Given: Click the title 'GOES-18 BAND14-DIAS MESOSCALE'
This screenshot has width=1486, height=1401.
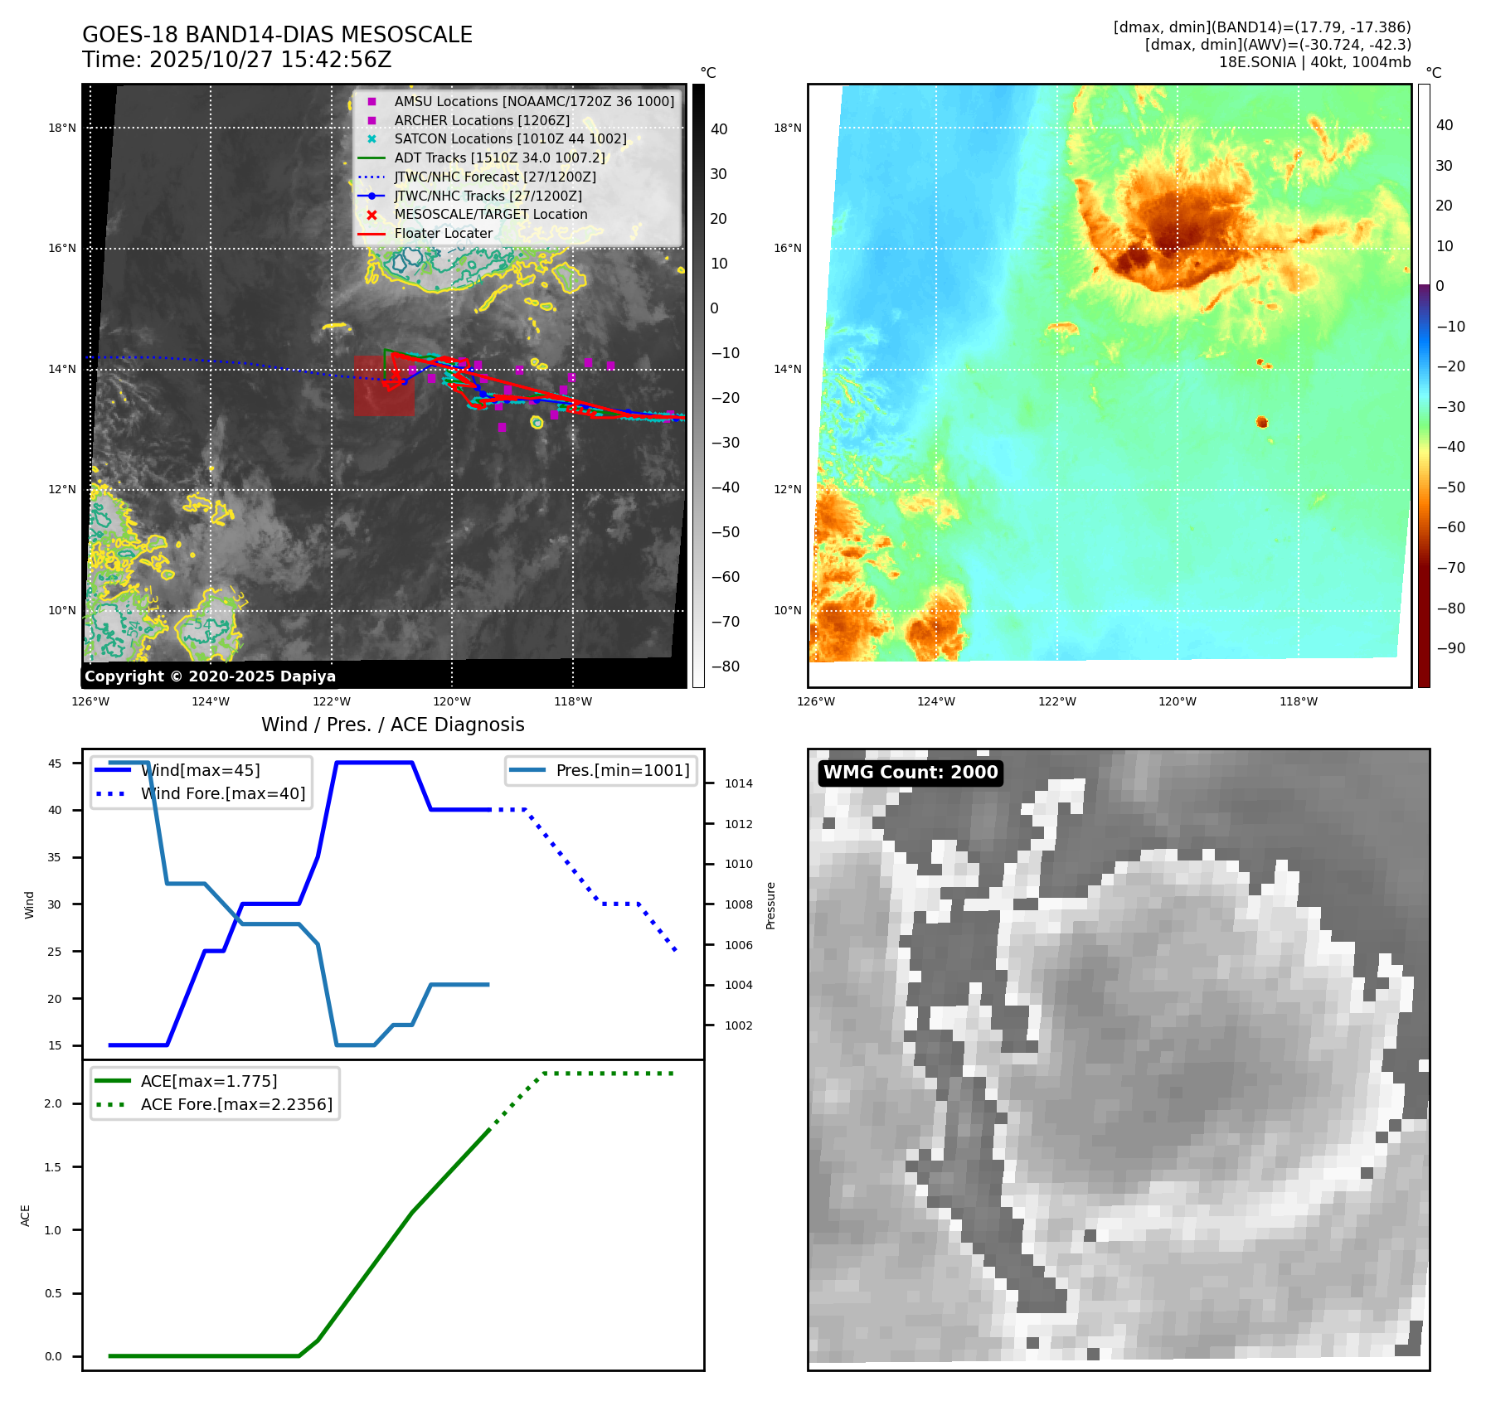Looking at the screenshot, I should pyautogui.click(x=277, y=35).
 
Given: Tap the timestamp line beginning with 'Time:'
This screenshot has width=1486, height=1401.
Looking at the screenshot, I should pyautogui.click(x=236, y=60).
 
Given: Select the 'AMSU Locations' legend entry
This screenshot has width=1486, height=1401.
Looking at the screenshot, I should pyautogui.click(x=533, y=101).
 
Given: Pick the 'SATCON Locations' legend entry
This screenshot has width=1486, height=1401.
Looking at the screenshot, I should pyautogui.click(x=509, y=139).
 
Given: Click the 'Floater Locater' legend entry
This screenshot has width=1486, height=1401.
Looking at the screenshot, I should pyautogui.click(x=443, y=234).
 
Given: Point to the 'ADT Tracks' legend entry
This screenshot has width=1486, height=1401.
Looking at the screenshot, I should pyautogui.click(x=499, y=158).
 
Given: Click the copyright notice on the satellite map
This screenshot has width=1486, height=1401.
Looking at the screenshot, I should pyautogui.click(x=210, y=676).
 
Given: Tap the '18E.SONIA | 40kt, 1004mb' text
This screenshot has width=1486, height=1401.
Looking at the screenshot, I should pyautogui.click(x=1314, y=62).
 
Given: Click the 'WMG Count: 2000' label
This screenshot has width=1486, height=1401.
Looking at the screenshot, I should pyautogui.click(x=911, y=773).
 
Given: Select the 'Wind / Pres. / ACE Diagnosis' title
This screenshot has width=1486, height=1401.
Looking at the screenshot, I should pyautogui.click(x=392, y=725).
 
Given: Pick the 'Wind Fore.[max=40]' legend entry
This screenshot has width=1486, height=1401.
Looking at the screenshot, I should pyautogui.click(x=222, y=793).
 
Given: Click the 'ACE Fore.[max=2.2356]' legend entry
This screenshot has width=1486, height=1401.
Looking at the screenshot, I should pyautogui.click(x=236, y=1104).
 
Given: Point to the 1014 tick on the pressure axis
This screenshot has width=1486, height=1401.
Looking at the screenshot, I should pyautogui.click(x=738, y=783).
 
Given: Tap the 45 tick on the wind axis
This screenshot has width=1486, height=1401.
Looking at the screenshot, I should pyautogui.click(x=55, y=764).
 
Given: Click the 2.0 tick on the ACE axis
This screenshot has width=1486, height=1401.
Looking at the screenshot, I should pyautogui.click(x=53, y=1103).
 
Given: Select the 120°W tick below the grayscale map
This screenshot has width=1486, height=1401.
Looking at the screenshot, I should pyautogui.click(x=452, y=701).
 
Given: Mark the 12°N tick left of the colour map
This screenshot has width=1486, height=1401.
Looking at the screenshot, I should pyautogui.click(x=788, y=489).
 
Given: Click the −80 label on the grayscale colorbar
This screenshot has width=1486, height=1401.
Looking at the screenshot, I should pyautogui.click(x=726, y=667).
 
